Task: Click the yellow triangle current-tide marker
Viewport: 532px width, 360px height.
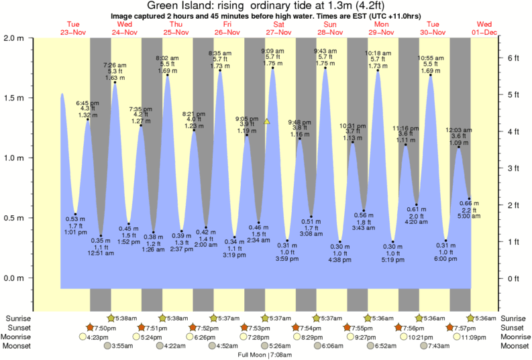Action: [x=266, y=121]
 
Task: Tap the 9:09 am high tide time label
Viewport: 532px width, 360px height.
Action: [x=272, y=51]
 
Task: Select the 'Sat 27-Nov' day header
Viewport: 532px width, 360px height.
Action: [x=278, y=27]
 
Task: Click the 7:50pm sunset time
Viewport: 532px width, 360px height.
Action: [x=101, y=327]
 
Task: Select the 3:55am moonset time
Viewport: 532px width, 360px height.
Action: [x=120, y=346]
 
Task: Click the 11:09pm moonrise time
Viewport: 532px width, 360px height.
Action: [x=469, y=337]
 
